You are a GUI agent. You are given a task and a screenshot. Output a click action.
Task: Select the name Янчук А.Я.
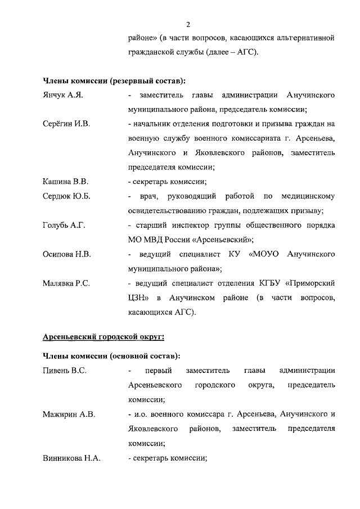pos(63,95)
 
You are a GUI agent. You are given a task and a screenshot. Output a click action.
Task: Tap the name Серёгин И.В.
pos(66,123)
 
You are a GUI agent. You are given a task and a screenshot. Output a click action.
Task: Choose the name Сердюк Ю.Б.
pos(66,196)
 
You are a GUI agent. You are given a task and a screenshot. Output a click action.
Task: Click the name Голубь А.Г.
pos(64,226)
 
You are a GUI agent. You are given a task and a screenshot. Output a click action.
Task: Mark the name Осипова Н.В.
pos(67,254)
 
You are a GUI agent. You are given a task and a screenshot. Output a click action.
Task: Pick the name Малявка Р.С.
pos(66,283)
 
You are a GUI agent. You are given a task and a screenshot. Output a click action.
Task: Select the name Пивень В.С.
pos(65,370)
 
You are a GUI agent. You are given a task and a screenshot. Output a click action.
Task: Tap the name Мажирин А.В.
pos(69,415)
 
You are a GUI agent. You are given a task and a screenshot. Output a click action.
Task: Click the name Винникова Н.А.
pos(71,458)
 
